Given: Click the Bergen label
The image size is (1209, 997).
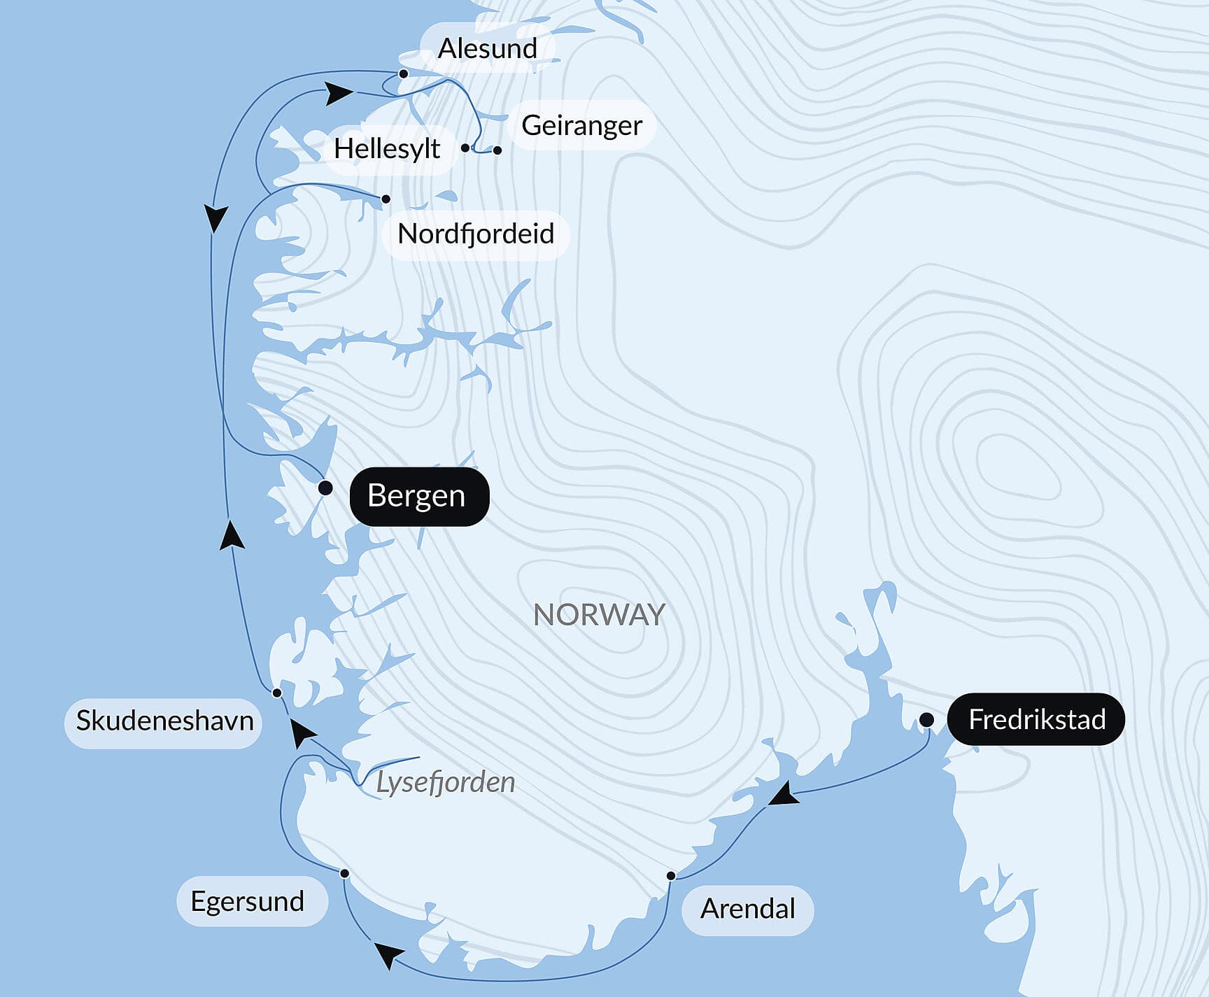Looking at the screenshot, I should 418,496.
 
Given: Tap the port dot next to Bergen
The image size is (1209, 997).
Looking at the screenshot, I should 325,488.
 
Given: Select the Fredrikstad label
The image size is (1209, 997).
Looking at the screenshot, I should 1036,719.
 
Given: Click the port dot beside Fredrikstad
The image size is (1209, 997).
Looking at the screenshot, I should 926,719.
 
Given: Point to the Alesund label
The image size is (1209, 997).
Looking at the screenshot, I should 488,48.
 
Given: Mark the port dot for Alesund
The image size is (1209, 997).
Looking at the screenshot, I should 404,73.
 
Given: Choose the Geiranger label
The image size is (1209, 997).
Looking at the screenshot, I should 581,125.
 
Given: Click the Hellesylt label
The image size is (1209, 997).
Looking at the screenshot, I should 387,148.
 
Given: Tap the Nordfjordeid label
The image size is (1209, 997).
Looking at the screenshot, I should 476,234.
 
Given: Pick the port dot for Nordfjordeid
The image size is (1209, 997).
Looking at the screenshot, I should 386,199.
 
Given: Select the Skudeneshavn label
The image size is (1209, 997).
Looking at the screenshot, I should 164,721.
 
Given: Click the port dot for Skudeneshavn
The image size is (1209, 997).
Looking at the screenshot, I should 277,693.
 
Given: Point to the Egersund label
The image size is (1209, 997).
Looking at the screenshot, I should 248,901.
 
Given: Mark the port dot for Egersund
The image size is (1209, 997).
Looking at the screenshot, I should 344,873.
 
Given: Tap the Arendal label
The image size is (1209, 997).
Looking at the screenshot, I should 747,909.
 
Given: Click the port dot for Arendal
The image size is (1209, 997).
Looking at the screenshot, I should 671,876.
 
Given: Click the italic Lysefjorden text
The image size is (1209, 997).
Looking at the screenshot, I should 446,782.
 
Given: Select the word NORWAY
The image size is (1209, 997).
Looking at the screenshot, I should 599,615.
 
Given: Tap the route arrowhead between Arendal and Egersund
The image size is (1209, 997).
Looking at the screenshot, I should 388,954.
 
